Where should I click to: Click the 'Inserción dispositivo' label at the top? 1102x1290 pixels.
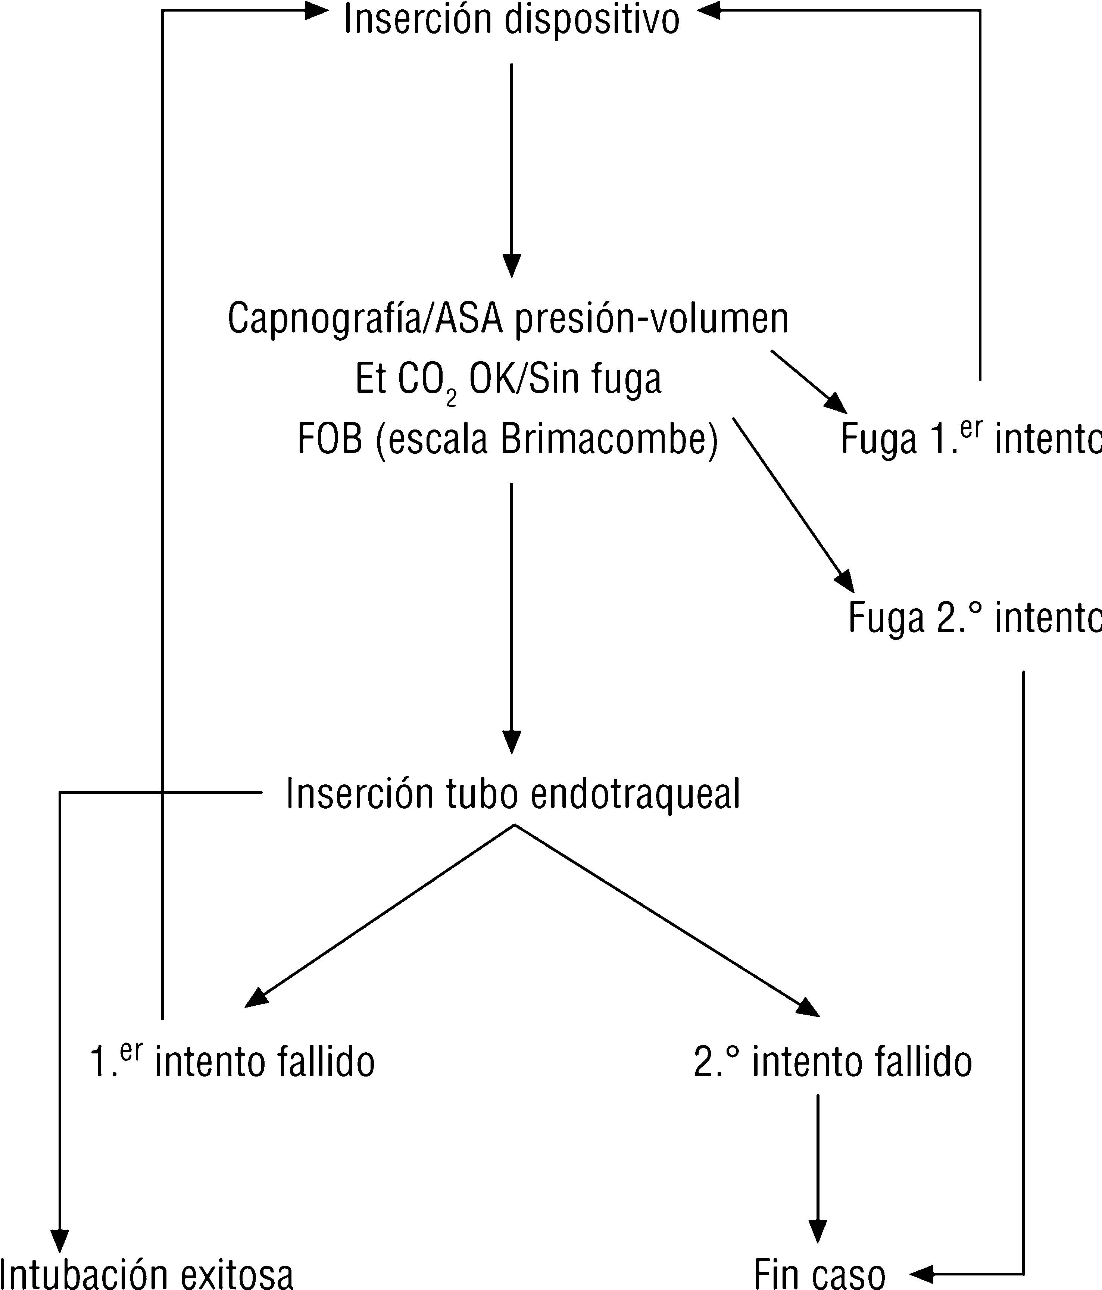click(x=511, y=20)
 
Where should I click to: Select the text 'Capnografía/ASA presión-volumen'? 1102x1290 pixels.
click(x=508, y=319)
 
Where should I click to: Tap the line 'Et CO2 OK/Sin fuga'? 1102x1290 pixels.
click(x=508, y=380)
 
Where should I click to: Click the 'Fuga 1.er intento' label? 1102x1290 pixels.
click(x=970, y=438)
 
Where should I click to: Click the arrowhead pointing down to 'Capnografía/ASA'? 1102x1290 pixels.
click(x=511, y=266)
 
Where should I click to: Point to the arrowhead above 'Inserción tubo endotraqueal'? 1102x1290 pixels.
click(x=511, y=742)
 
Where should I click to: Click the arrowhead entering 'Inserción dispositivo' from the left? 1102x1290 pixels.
click(x=316, y=10)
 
